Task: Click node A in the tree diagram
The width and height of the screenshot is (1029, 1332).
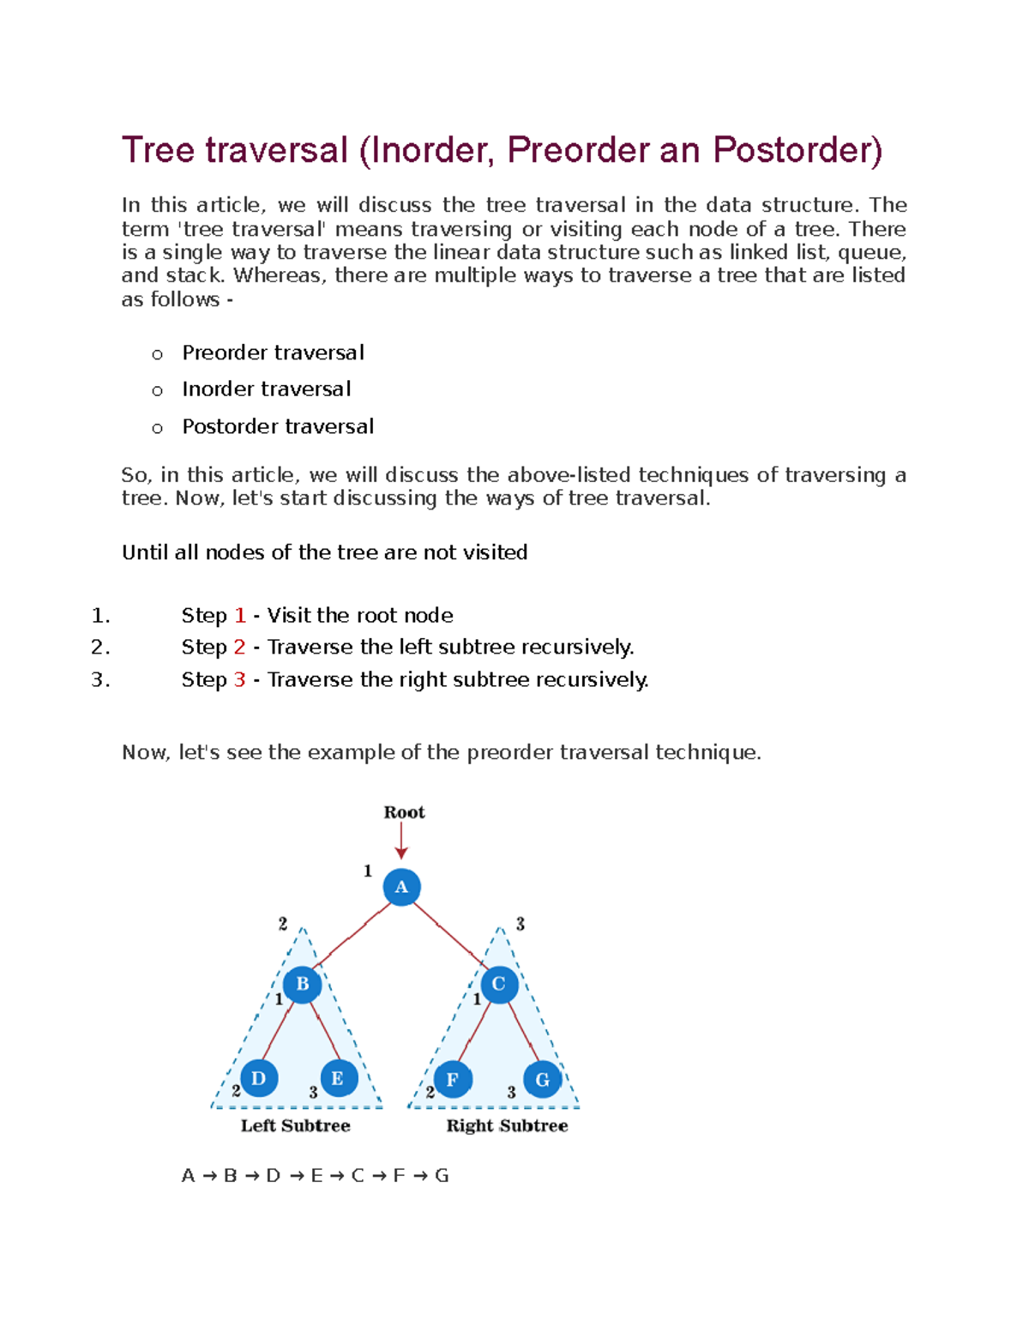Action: click(401, 887)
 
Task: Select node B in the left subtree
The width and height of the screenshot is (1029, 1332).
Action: click(302, 984)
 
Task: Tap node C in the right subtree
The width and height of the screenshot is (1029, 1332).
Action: click(499, 984)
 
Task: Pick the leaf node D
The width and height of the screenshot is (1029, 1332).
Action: click(259, 1078)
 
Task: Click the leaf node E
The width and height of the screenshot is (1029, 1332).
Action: click(338, 1078)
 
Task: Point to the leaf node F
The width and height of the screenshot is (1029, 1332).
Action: click(453, 1079)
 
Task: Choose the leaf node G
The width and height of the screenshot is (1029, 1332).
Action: click(542, 1079)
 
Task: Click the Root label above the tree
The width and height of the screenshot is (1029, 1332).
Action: click(404, 812)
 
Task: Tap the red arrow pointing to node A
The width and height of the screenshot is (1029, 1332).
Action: click(400, 841)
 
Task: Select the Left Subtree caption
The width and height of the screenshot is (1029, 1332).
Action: click(295, 1125)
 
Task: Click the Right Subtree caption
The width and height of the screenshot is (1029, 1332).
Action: click(507, 1125)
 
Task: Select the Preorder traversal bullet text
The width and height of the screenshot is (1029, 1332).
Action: click(273, 353)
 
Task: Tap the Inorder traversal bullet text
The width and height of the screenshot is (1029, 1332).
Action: click(266, 389)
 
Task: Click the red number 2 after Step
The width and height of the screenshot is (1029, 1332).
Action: click(239, 647)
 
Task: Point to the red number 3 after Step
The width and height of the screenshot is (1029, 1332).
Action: click(239, 679)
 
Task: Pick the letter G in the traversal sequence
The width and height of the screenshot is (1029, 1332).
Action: click(442, 1176)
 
